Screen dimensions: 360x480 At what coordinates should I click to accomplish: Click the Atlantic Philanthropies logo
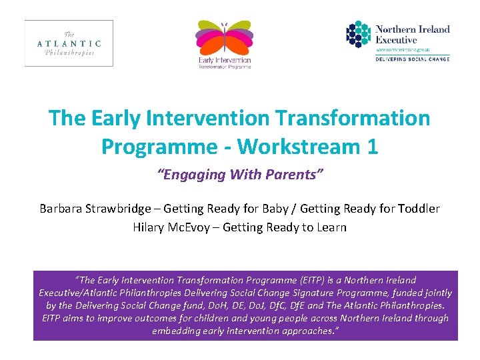pyautogui.click(x=69, y=43)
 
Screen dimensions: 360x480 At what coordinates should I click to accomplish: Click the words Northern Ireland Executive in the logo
pyautogui.click(x=412, y=34)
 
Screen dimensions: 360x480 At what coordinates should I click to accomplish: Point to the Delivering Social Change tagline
pyautogui.click(x=412, y=59)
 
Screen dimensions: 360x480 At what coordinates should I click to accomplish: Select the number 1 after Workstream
pyautogui.click(x=371, y=146)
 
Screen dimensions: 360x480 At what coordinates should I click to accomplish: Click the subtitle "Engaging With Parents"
pyautogui.click(x=240, y=175)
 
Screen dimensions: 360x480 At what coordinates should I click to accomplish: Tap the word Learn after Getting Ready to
pyautogui.click(x=331, y=227)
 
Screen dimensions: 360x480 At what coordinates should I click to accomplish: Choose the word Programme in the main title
pyautogui.click(x=148, y=146)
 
